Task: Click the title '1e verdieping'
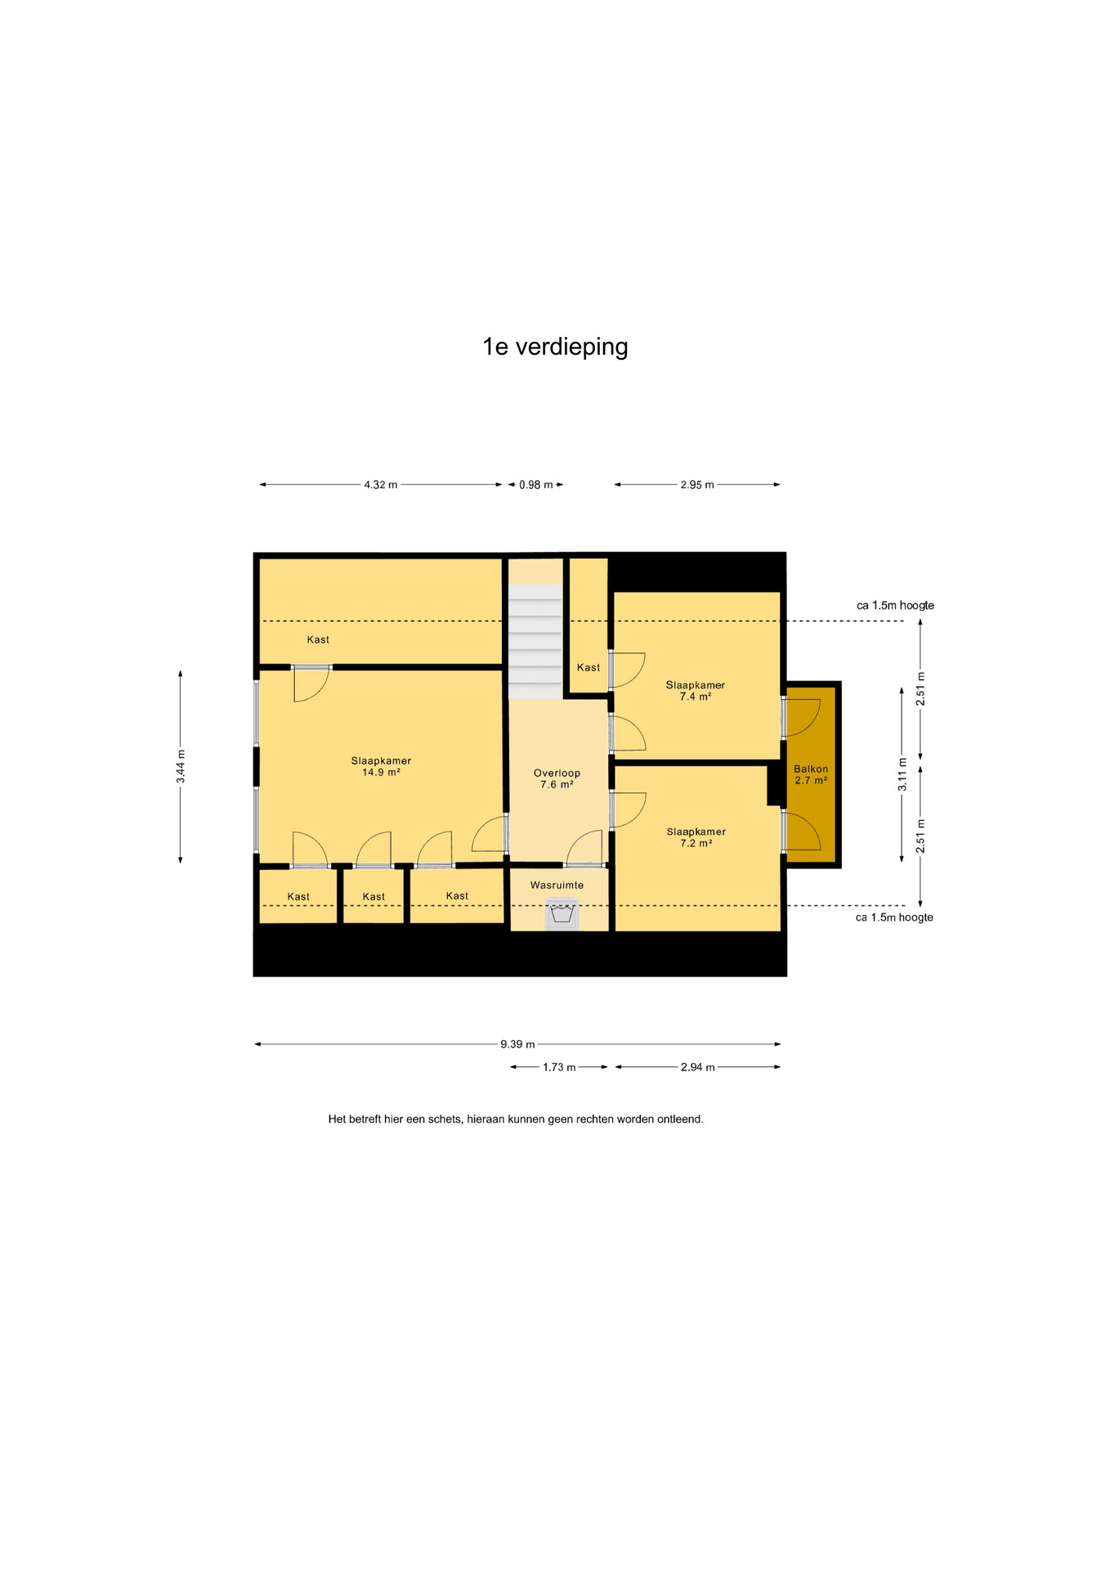coord(555,347)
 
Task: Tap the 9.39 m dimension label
coord(517,1044)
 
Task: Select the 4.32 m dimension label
coord(381,485)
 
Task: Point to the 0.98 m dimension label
coord(535,485)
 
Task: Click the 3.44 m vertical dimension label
coord(181,766)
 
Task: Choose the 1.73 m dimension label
coord(559,1067)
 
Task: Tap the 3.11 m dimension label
coord(902,775)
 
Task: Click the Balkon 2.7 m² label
coord(811,774)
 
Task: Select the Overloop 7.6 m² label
coord(557,778)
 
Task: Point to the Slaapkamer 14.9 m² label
coord(381,766)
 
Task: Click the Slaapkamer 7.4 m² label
coord(695,691)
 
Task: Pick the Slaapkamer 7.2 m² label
coord(696,837)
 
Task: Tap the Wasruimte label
coord(557,885)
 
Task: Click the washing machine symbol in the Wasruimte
coord(562,913)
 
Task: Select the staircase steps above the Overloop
coord(535,642)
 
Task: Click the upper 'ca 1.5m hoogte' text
coord(895,605)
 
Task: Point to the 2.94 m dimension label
coord(698,1067)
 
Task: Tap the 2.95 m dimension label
coord(697,485)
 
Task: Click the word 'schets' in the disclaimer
coord(445,1119)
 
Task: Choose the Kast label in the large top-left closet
coord(318,639)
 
